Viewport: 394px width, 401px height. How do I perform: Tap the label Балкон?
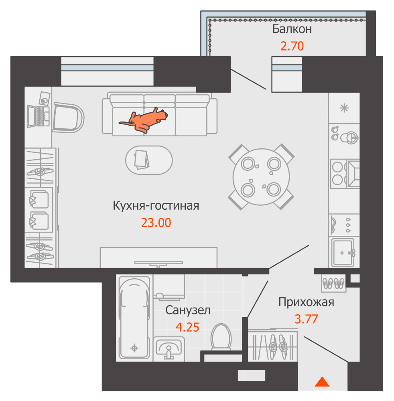point(292,29)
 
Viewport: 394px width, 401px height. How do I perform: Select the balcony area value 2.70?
point(292,46)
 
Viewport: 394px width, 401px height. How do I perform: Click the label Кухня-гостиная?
point(156,206)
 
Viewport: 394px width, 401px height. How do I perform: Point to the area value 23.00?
point(156,223)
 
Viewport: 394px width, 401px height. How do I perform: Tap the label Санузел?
point(188,310)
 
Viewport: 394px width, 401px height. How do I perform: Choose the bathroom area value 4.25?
point(187,327)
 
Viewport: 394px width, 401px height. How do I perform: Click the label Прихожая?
point(306,302)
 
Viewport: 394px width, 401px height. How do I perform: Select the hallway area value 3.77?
point(306,319)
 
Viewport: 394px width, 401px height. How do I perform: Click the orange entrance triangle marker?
point(322,382)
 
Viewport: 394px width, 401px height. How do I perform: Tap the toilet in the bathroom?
point(221,338)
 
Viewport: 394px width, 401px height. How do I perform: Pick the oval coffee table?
point(149,160)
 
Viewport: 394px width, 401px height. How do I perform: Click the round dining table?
point(261,177)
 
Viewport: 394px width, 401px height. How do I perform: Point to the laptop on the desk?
point(38,116)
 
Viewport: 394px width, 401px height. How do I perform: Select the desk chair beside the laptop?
point(68,117)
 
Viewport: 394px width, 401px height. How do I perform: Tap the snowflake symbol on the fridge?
point(344,108)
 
